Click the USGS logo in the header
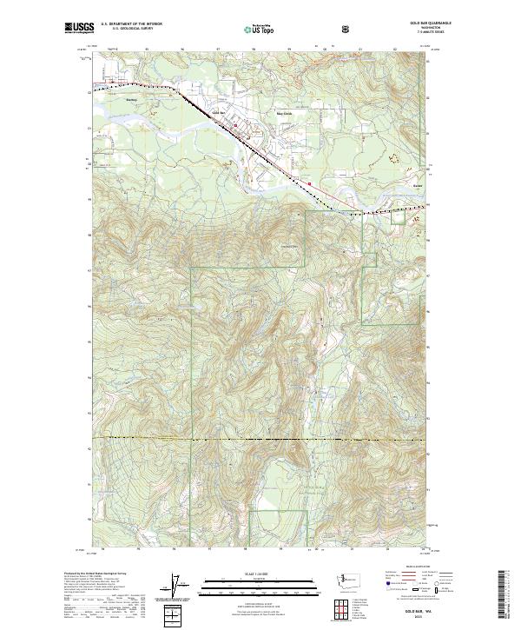pos(78,29)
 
